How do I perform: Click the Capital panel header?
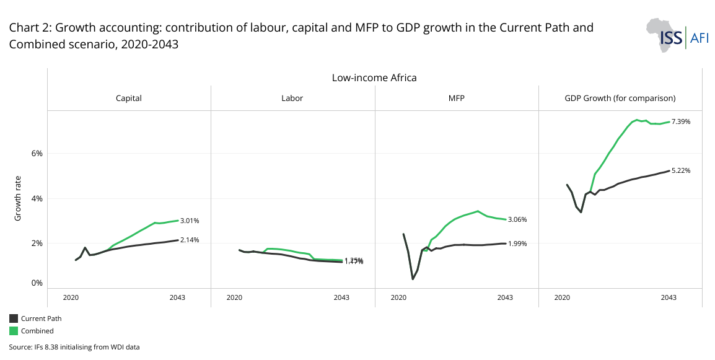click(x=129, y=98)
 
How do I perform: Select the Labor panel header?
click(x=292, y=98)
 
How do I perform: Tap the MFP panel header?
click(x=456, y=98)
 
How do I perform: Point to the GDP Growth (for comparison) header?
click(x=620, y=98)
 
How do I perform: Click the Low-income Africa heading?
click(x=374, y=78)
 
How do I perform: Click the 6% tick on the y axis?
click(x=36, y=154)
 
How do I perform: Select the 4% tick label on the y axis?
click(x=36, y=198)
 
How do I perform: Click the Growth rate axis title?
click(x=19, y=199)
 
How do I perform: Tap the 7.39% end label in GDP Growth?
click(x=681, y=122)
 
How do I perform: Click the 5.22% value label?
click(x=681, y=170)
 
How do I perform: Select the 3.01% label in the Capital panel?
click(x=189, y=221)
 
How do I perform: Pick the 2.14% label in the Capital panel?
click(x=189, y=240)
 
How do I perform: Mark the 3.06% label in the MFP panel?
click(x=517, y=220)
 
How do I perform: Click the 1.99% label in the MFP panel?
click(x=517, y=244)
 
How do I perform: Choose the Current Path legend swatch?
click(x=14, y=318)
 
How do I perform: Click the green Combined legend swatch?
click(x=14, y=331)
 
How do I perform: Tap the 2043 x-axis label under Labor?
click(x=341, y=298)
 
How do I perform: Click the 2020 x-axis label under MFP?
click(x=398, y=298)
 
